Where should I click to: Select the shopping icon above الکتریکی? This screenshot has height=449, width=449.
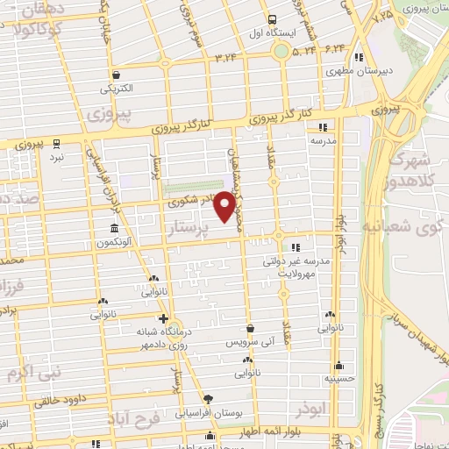pos(117,75)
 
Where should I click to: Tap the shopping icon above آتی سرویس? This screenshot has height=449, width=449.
pos(249,328)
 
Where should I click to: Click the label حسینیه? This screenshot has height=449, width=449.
pos(339,379)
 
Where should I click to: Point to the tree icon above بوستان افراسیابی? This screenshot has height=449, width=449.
pos(207,398)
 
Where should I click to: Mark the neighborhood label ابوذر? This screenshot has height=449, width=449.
pos(311,409)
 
